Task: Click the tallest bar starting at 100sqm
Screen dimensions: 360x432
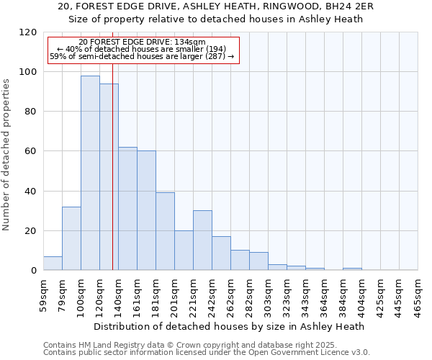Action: click(x=90, y=173)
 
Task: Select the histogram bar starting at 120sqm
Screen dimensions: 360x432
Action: click(x=109, y=176)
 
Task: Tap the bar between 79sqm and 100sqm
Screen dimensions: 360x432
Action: click(x=71, y=238)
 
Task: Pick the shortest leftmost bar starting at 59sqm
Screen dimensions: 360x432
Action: click(x=53, y=264)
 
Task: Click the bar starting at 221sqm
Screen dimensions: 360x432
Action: click(x=202, y=240)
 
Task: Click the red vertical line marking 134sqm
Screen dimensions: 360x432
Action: click(x=113, y=180)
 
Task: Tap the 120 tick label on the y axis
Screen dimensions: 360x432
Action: click(x=28, y=32)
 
